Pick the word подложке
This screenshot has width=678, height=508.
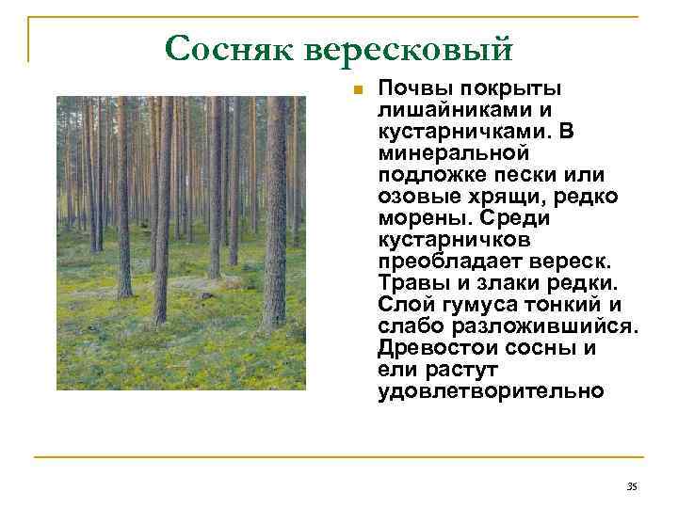click(424, 175)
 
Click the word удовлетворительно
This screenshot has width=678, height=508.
click(490, 390)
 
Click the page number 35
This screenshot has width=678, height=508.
click(631, 485)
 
